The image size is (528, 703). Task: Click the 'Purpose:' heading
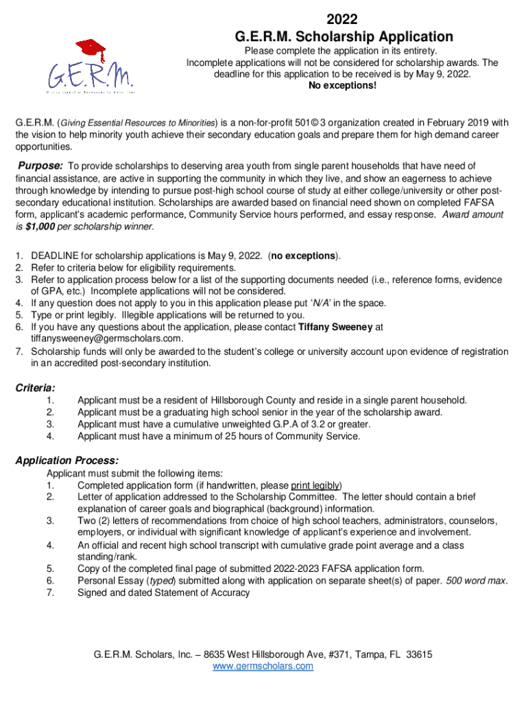click(40, 165)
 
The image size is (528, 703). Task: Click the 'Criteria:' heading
click(36, 388)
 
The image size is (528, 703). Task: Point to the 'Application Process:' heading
click(67, 460)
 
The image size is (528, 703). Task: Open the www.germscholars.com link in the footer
click(263, 666)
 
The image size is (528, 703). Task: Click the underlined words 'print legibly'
click(316, 485)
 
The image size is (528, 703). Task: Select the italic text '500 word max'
click(476, 580)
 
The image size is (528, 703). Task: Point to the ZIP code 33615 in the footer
click(418, 654)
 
